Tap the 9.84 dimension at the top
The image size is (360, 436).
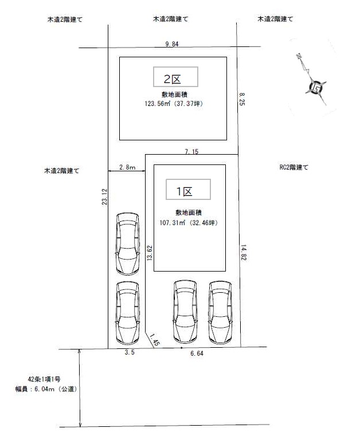[x=171, y=44]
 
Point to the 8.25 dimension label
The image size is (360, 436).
[x=241, y=99]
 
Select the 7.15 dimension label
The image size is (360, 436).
[x=191, y=152]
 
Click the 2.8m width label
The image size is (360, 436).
[x=127, y=167]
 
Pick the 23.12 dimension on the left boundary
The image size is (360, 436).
[x=104, y=197]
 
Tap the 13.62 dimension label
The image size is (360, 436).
[x=150, y=253]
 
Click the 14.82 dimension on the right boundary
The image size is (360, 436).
[x=243, y=253]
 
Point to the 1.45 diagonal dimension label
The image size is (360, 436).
[x=155, y=340]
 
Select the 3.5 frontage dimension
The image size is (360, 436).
[x=130, y=352]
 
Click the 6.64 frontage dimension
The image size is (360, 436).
[x=197, y=353]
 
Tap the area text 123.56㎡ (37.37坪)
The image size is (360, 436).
[x=174, y=104]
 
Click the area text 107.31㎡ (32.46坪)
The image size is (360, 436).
[x=189, y=223]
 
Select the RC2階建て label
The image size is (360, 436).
[x=294, y=167]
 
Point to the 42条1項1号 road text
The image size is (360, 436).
[x=44, y=379]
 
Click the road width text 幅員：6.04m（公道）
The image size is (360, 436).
[x=46, y=388]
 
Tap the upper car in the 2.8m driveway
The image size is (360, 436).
[x=128, y=244]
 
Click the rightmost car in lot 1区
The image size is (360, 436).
[x=220, y=312]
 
